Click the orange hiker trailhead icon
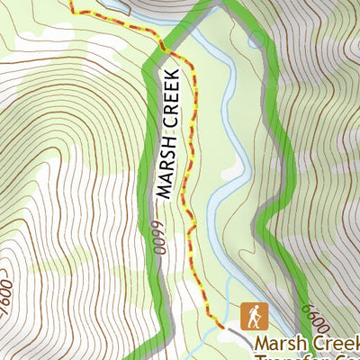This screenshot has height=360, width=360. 253,316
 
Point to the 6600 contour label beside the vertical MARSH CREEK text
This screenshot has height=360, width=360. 157,237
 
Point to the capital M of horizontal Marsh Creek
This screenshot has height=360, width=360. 263,344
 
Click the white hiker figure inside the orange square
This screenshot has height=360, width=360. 254,316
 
